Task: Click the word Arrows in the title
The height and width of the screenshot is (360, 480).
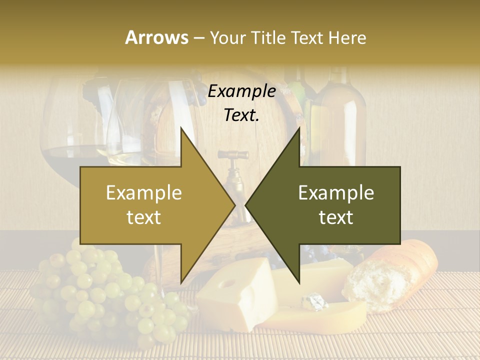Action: tap(157, 37)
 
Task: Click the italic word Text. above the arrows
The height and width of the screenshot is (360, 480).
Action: tap(241, 115)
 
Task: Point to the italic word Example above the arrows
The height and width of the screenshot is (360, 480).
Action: tap(241, 91)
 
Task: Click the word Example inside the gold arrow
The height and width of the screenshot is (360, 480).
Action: tap(144, 193)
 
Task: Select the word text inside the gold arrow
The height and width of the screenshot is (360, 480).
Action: tap(144, 217)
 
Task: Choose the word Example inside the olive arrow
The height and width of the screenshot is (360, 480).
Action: tap(336, 193)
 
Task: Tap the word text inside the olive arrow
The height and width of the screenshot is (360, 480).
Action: tap(336, 217)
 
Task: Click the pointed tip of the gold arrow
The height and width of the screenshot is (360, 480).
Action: tap(234, 205)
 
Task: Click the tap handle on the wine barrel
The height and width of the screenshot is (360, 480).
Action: tap(233, 155)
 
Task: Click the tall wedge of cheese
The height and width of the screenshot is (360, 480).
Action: tap(235, 295)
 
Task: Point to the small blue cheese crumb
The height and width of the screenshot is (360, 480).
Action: tap(313, 301)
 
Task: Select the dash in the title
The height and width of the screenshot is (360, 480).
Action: tap(198, 38)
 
